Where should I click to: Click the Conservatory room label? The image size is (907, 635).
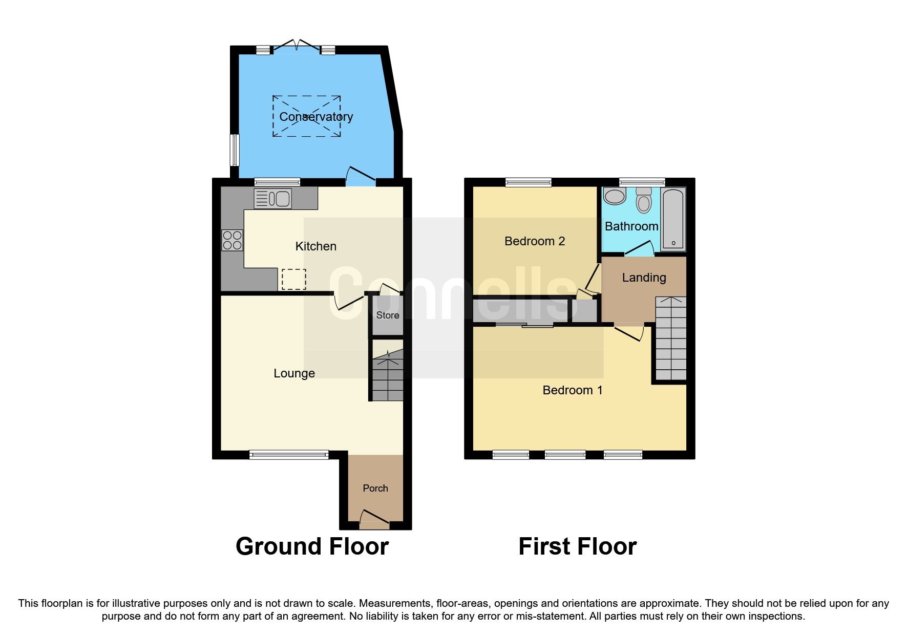315,117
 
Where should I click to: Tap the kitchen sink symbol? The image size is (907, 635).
273,198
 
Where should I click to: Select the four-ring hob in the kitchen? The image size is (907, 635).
232,240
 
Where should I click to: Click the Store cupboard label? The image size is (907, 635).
387,315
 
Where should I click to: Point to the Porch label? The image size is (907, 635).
375,488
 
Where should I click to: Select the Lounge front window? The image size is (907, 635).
288,454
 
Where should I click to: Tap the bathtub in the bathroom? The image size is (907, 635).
673,220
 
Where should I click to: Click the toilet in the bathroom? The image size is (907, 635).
644,200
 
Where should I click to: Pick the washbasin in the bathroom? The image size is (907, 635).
615,196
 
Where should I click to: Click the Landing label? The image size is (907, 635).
644,278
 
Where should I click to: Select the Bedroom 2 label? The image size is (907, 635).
534,241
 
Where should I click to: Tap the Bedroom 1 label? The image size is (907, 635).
572,390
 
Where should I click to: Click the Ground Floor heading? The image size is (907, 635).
312,546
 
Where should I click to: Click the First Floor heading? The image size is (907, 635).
577,546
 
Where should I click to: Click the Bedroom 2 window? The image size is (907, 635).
528,182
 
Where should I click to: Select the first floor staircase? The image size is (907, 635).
670,338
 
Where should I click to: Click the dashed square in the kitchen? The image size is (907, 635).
293,279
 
